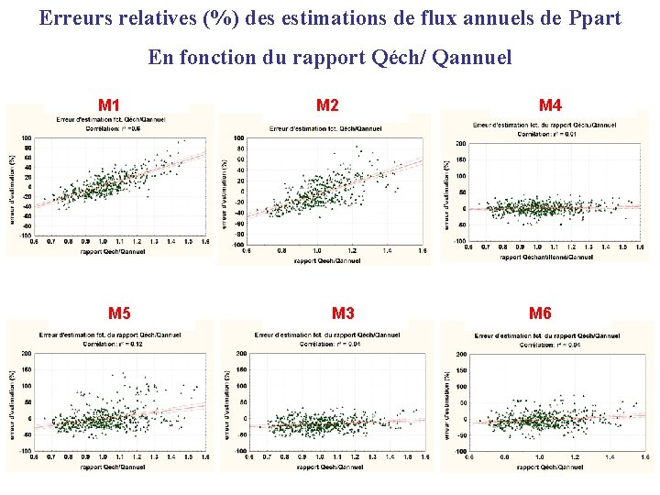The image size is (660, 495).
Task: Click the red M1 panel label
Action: pyautogui.click(x=109, y=105)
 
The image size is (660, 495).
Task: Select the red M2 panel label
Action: pyautogui.click(x=327, y=105)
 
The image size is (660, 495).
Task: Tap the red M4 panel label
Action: pyautogui.click(x=550, y=105)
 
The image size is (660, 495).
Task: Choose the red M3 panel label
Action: pyautogui.click(x=343, y=313)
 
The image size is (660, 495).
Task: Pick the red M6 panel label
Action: pyautogui.click(x=540, y=313)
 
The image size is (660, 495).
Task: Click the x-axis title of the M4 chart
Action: pyautogui.click(x=546, y=257)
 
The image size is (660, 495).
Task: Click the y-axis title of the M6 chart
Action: pyautogui.click(x=448, y=403)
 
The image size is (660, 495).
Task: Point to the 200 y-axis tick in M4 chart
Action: pyautogui.click(x=460, y=144)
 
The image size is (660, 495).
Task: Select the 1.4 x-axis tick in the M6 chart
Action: pyautogui.click(x=607, y=456)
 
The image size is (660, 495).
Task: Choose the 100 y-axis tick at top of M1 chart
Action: pyautogui.click(x=27, y=137)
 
